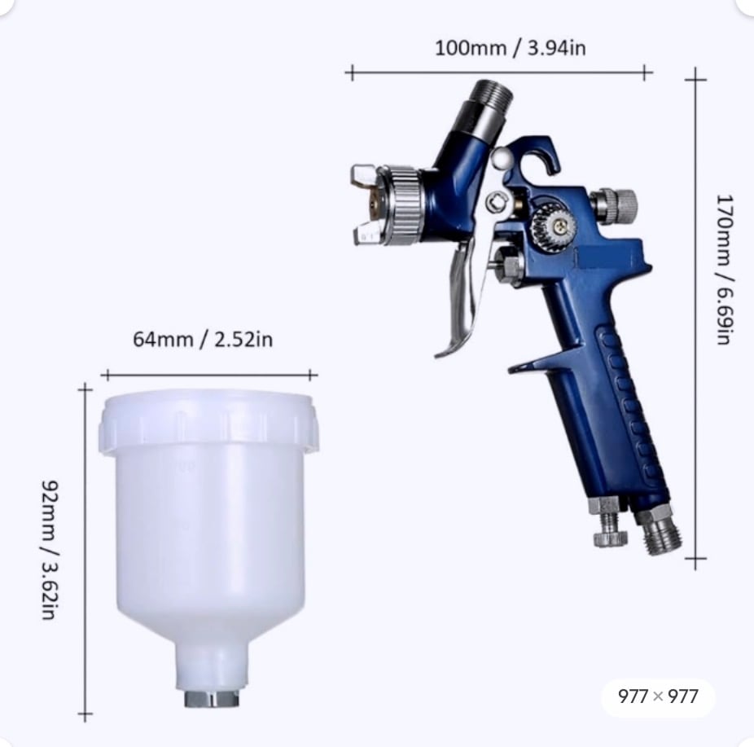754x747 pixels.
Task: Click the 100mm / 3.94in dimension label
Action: coord(511,48)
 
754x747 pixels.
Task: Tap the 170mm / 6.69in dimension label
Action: coord(724,270)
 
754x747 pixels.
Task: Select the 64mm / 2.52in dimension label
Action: coord(203,340)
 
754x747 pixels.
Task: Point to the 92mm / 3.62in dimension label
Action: coord(50,549)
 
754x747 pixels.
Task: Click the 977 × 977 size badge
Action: coord(658,696)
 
